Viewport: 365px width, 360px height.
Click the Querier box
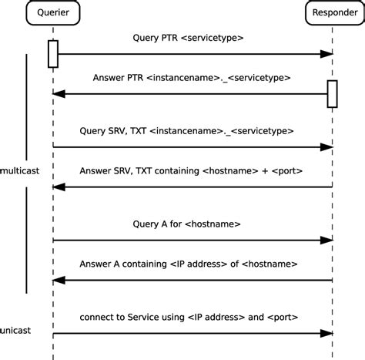(x=53, y=13)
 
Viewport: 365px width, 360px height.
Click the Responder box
(x=335, y=13)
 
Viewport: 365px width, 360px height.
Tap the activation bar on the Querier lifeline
(x=53, y=54)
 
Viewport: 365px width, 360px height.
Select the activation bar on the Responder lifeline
(x=333, y=94)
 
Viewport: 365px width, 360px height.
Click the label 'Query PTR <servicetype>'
(x=188, y=38)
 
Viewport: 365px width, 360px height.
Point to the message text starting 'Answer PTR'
(x=192, y=78)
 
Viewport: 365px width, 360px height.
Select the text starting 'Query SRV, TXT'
(x=186, y=131)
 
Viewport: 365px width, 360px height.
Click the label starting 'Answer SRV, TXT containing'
(x=191, y=171)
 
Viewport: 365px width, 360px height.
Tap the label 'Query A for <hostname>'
(x=186, y=224)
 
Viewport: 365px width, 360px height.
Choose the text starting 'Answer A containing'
(x=189, y=264)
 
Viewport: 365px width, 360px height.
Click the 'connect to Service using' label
(x=189, y=318)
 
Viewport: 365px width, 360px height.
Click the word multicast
(x=20, y=170)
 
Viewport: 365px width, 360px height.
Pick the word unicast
(x=15, y=330)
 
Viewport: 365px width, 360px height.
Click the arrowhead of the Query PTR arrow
(x=326, y=54)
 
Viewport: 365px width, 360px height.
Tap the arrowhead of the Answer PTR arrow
(x=59, y=94)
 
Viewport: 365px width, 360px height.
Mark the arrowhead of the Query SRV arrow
(x=326, y=147)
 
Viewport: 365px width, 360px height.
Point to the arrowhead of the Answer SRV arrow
(x=59, y=187)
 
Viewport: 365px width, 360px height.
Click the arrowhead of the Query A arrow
(x=326, y=241)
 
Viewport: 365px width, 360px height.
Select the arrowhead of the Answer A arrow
(x=59, y=281)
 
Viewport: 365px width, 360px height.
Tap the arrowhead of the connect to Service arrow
(x=326, y=334)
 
